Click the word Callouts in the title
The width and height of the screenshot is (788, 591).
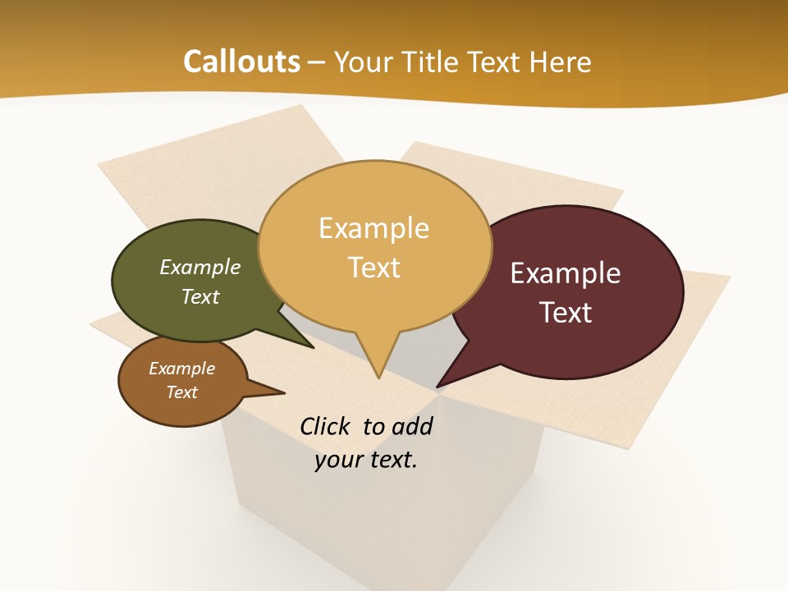[x=241, y=62]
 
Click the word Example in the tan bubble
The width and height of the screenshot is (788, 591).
[x=373, y=228]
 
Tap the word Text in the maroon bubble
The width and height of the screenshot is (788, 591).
[x=565, y=313]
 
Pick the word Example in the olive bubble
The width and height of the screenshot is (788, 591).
[x=199, y=268]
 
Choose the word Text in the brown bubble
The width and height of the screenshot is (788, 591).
[x=181, y=392]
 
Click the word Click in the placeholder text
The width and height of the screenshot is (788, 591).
[x=325, y=426]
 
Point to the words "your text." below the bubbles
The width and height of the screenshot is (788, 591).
[x=365, y=460]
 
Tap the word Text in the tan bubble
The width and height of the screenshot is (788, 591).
[x=373, y=268]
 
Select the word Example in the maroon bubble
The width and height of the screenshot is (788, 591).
[x=565, y=273]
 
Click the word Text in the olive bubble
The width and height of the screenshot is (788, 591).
[x=199, y=297]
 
